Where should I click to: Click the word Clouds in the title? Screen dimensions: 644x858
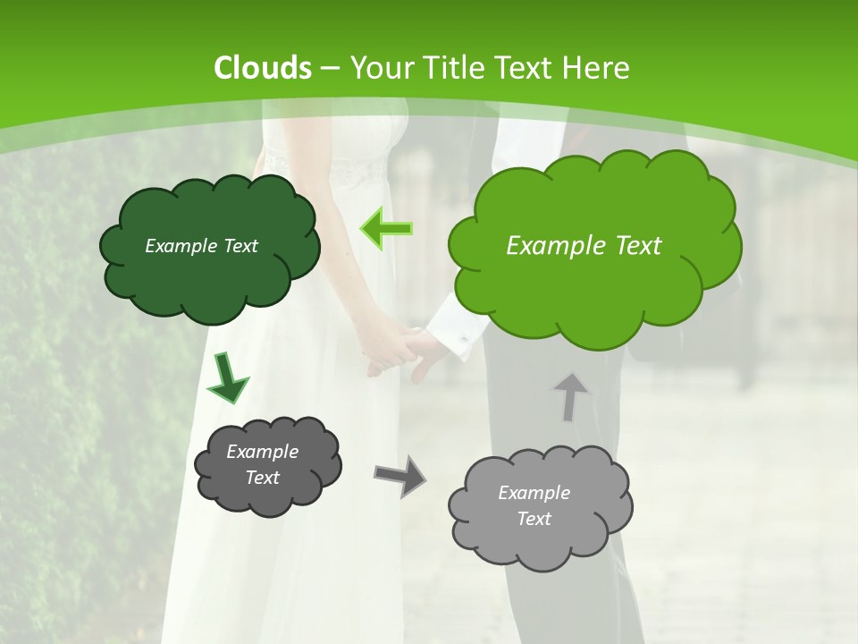(x=262, y=68)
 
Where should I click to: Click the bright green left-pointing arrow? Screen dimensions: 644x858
(x=387, y=229)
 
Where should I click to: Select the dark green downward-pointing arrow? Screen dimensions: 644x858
(x=227, y=378)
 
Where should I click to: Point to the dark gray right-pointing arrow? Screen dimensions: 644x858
(x=400, y=475)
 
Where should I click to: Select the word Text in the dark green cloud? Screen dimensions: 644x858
(x=240, y=246)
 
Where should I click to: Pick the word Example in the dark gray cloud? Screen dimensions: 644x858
(x=262, y=452)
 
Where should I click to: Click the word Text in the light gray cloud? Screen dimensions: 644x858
(x=534, y=519)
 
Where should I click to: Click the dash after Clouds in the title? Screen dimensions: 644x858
(x=329, y=68)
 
